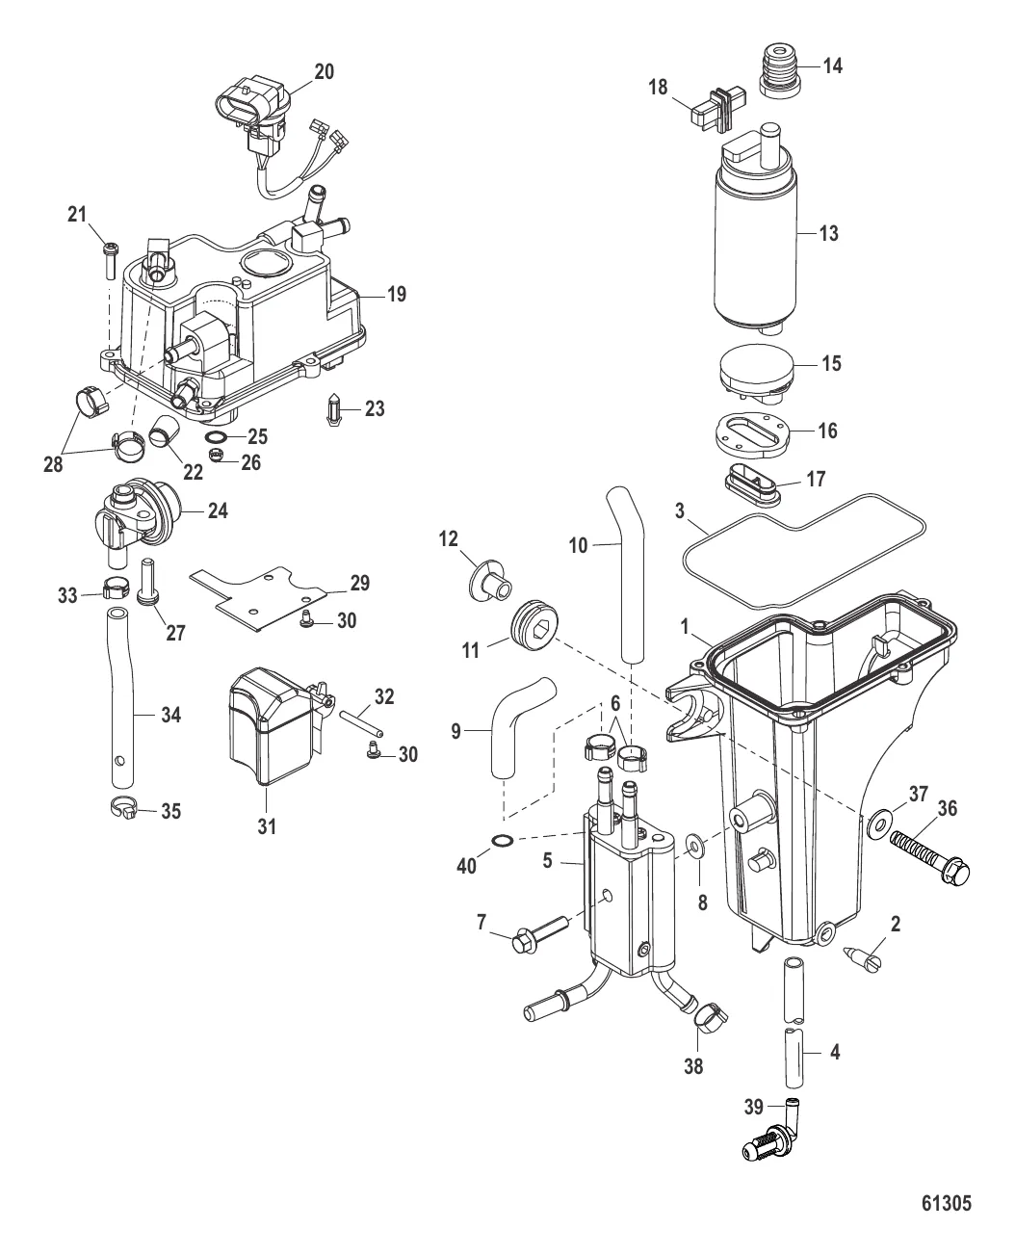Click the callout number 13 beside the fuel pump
(x=827, y=233)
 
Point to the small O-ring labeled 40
(x=502, y=842)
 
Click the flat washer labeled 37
(x=878, y=824)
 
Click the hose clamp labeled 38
(x=711, y=1014)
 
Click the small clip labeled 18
(x=714, y=109)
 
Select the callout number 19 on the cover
(x=396, y=294)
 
